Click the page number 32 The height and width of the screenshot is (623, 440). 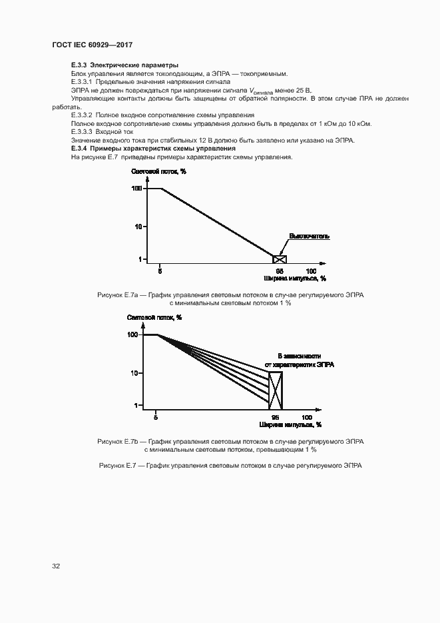pos(56,566)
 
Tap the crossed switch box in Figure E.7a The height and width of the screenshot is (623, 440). pos(280,259)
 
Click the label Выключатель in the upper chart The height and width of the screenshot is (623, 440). pos(309,236)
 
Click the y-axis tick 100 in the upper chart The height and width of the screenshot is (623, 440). pos(136,189)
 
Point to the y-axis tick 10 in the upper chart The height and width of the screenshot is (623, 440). pos(138,227)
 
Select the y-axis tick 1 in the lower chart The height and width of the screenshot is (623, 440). pos(136,405)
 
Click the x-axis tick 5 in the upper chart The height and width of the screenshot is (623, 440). pos(160,271)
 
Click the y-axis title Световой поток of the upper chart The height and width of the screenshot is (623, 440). pos(158,172)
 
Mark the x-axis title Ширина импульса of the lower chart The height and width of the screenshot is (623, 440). pos(291,424)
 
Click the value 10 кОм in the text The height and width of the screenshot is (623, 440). pos(359,123)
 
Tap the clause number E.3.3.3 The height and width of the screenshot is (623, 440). pos(82,132)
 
